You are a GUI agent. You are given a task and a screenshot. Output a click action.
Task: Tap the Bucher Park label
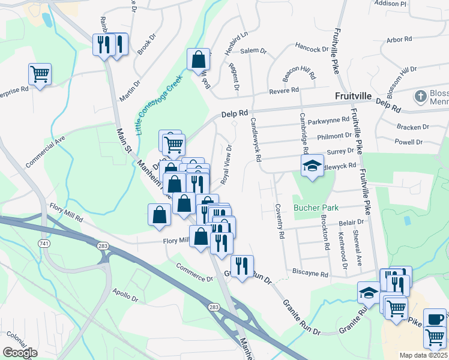pyautogui.click(x=316, y=208)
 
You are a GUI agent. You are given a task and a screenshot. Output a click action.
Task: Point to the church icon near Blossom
pyautogui.click(x=421, y=96)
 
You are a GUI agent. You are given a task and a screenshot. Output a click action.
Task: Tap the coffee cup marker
pyautogui.click(x=435, y=319)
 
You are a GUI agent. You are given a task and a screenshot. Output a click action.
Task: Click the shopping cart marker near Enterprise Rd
pyautogui.click(x=40, y=74)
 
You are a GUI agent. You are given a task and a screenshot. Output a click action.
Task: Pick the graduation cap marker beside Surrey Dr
pyautogui.click(x=312, y=166)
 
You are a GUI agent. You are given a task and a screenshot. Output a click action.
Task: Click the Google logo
pyautogui.click(x=20, y=352)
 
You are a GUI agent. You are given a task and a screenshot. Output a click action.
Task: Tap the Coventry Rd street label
pyautogui.click(x=279, y=220)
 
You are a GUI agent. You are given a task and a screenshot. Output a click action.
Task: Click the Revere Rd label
pyautogui.click(x=285, y=91)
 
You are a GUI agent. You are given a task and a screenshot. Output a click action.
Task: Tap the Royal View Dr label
pyautogui.click(x=226, y=165)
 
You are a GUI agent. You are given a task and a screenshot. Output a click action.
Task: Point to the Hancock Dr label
pyautogui.click(x=312, y=49)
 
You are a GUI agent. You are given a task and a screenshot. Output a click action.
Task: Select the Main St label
pyautogui.click(x=124, y=139)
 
